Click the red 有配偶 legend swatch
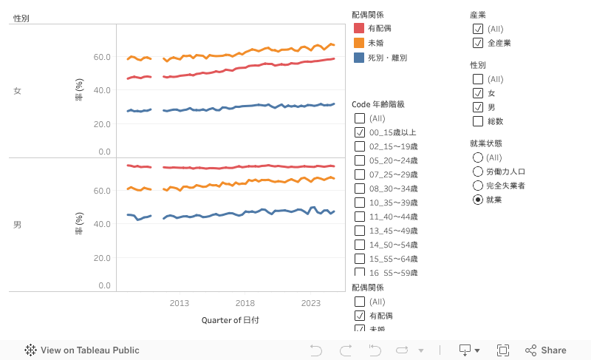tap(359, 28)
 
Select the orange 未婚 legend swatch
tap(359, 43)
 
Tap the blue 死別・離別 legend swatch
tap(359, 58)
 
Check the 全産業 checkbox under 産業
tap(478, 43)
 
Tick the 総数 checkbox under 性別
tap(478, 121)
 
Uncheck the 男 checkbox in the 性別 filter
tap(478, 107)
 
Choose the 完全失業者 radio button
tap(478, 186)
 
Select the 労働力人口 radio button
tap(478, 171)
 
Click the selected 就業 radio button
tap(478, 200)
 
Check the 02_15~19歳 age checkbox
tap(360, 146)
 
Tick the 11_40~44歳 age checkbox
tap(360, 217)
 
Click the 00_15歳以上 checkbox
tap(360, 132)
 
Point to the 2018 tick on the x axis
tap(245, 303)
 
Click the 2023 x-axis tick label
tap(311, 303)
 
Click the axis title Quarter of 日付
tap(230, 321)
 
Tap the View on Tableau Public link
tap(82, 350)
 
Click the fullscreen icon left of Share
tap(503, 350)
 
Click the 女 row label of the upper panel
tap(17, 91)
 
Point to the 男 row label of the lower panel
tap(17, 224)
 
